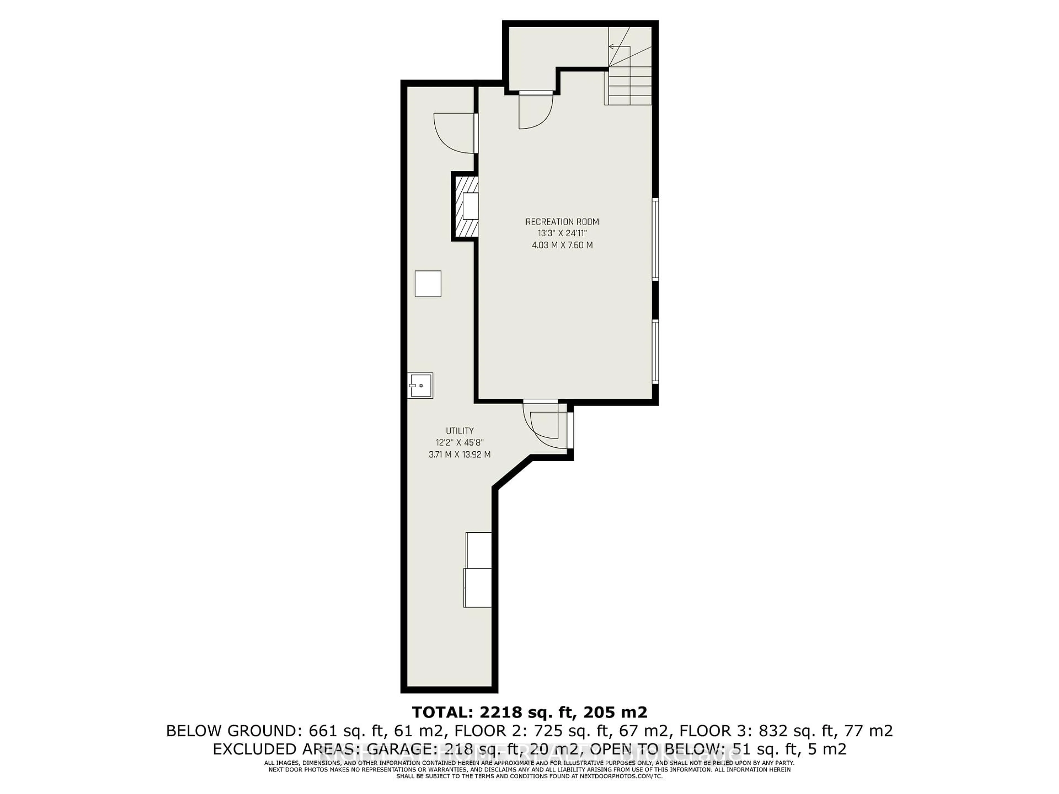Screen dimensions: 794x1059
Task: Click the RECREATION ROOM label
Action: [x=562, y=222]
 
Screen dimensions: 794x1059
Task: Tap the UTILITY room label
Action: [x=460, y=431]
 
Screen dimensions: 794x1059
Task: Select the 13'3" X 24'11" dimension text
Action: [x=562, y=234]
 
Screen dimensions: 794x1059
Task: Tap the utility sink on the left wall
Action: [x=420, y=385]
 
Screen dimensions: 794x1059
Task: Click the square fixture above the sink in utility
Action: [x=427, y=284]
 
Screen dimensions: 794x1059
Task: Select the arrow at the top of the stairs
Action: [x=612, y=46]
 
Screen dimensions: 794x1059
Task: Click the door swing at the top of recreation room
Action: [x=535, y=112]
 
